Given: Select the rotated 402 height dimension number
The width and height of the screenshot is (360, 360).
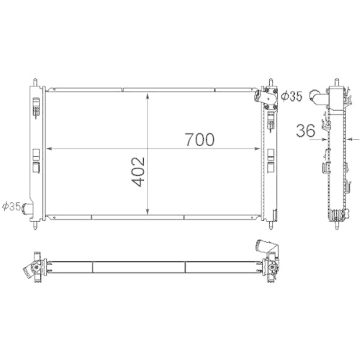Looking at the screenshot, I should tap(139, 171).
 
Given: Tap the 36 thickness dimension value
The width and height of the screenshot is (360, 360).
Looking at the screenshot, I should tap(305, 130).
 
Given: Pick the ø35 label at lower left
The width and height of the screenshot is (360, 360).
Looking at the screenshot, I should tap(12, 207).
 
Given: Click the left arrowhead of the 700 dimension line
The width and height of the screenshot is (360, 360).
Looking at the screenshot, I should tap(49, 149).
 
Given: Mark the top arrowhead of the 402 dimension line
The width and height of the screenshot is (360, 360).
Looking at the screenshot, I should tap(148, 94).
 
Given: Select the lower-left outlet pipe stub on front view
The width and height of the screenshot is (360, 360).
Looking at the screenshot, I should tap(28, 209).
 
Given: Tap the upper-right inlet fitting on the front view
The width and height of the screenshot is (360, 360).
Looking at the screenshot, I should tap(269, 96).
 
